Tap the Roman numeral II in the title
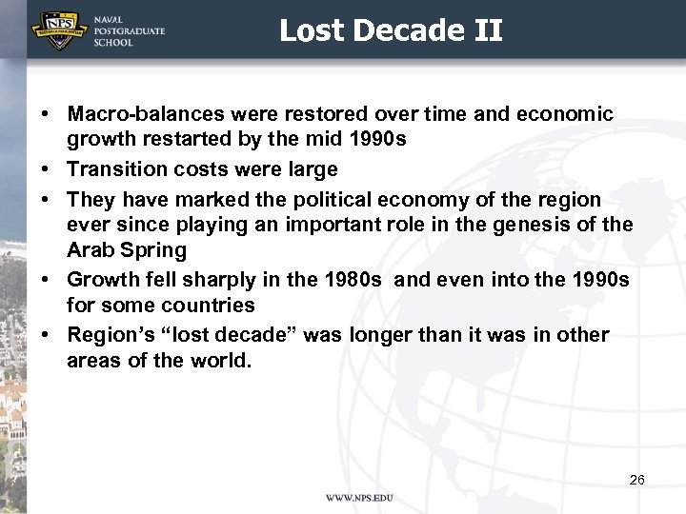pyautogui.click(x=487, y=30)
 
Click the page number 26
pyautogui.click(x=636, y=479)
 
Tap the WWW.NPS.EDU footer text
pyautogui.click(x=359, y=498)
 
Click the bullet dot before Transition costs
pyautogui.click(x=46, y=169)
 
